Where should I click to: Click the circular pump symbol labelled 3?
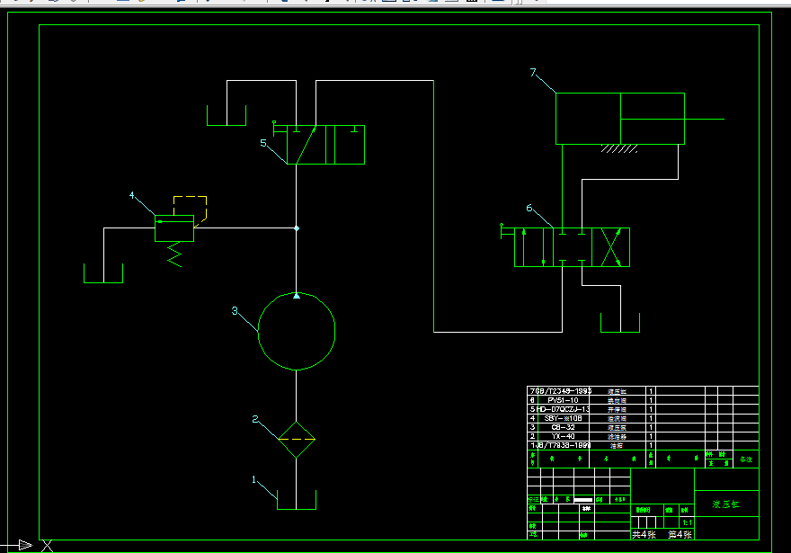[297, 331]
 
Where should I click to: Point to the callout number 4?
[132, 195]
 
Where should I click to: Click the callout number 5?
[262, 142]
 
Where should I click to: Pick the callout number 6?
[529, 209]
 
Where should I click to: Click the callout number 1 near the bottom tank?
[253, 479]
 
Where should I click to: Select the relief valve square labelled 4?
[174, 228]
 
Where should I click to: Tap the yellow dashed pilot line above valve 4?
[190, 196]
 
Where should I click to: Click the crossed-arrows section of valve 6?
[610, 246]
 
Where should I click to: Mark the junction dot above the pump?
[297, 228]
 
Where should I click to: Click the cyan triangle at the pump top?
[297, 295]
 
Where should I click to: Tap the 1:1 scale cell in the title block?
[688, 522]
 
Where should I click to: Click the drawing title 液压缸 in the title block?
[725, 504]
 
